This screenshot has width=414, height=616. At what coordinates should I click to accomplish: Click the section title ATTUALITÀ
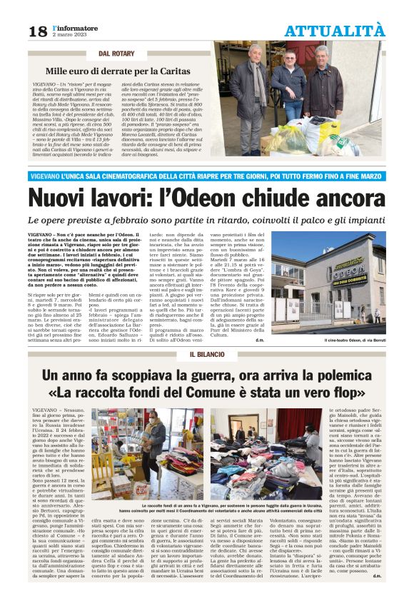pos(334,31)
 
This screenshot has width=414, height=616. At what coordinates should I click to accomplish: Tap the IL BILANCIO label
pos(206,355)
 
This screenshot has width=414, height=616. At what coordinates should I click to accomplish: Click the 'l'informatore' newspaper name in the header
pos(73,27)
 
